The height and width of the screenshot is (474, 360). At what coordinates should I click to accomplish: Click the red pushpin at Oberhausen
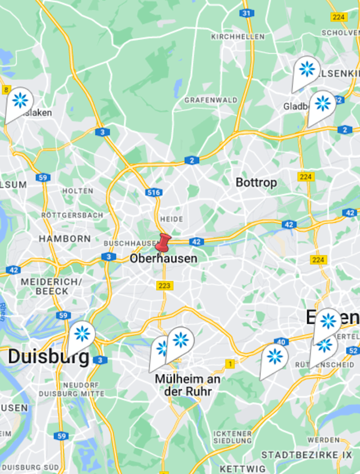163,243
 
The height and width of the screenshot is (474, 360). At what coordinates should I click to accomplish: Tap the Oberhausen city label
164,259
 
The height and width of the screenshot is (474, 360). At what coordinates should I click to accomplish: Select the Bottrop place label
256,183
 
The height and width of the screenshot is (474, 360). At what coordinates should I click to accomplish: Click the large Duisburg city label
48,356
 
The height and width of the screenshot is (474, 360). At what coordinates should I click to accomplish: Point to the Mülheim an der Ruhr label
187,385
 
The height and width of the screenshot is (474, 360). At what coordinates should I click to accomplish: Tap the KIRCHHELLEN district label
237,37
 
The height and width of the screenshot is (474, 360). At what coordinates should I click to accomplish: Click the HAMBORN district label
65,239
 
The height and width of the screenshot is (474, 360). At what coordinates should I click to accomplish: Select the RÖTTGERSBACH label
72,215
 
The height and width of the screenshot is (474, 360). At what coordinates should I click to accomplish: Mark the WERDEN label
323,440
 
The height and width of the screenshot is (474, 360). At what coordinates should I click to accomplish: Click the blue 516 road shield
153,192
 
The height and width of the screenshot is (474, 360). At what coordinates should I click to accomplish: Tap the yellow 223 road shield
165,286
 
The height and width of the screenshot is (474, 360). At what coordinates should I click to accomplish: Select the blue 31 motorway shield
246,13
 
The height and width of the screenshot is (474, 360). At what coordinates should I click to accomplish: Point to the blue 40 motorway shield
281,341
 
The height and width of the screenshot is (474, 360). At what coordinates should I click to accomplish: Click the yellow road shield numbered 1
229,364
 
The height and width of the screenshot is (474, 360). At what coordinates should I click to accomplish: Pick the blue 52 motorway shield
353,351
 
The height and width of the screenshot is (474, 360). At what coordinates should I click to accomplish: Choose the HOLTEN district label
78,191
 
